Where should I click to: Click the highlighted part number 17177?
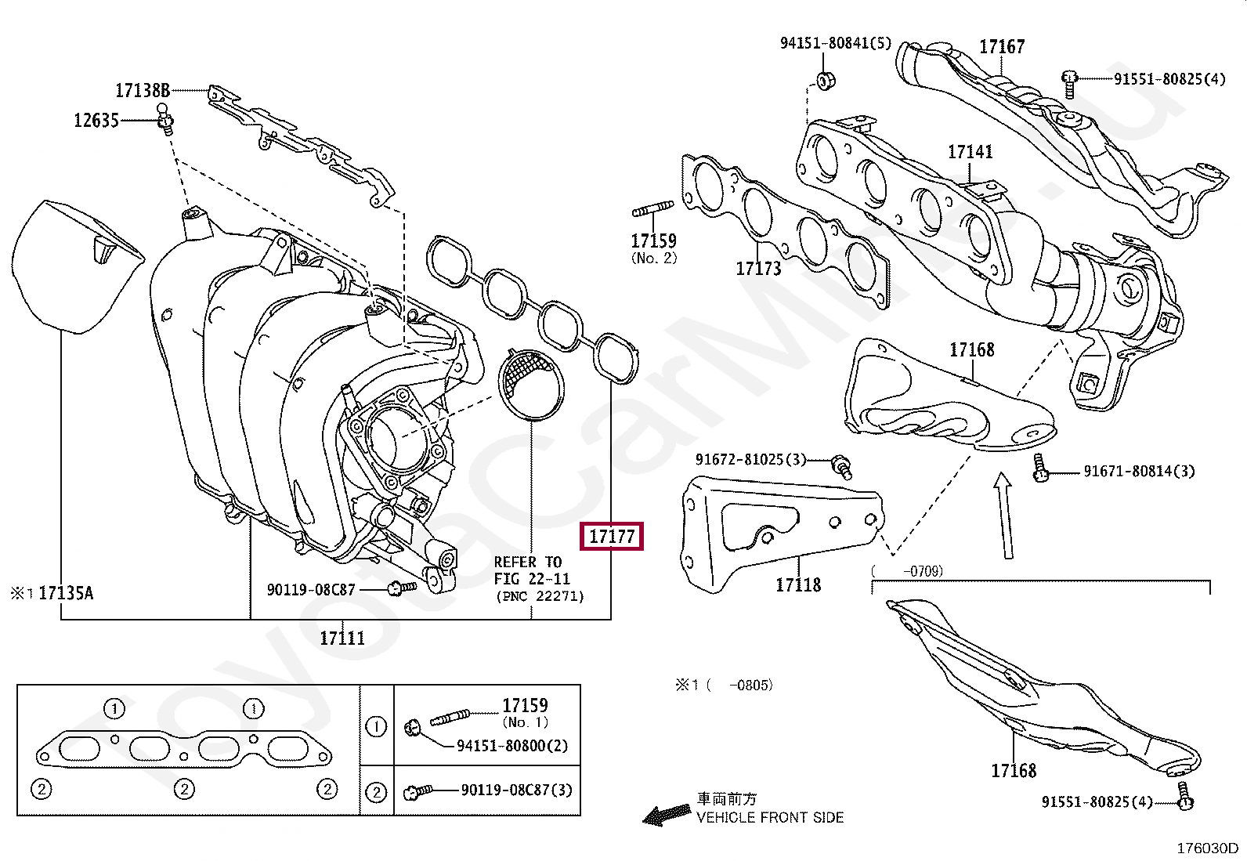[611, 537]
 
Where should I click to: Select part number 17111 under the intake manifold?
[342, 638]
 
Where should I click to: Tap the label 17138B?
[143, 90]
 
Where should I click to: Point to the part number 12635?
[96, 121]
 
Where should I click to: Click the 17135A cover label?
[65, 593]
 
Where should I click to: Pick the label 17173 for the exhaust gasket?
[758, 269]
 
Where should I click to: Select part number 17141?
[970, 152]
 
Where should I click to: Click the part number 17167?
[1002, 47]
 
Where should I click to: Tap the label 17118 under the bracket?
[798, 584]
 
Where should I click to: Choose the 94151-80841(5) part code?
[835, 43]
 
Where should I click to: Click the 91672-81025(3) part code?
[751, 459]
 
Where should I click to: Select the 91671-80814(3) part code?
[1139, 471]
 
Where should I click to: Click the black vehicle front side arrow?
[662, 815]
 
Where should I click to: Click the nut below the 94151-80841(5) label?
[825, 80]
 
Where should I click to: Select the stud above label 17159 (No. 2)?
[652, 210]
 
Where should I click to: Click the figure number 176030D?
[1207, 848]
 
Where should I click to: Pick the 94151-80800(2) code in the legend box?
[512, 746]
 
